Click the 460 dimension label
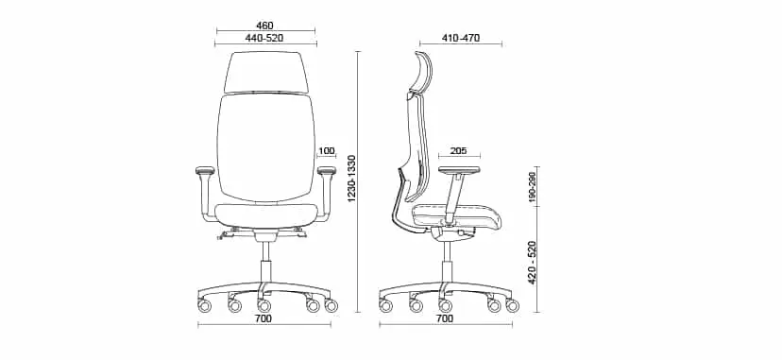tap(264, 26)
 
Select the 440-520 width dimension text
tap(264, 38)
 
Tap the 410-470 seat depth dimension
tap(460, 38)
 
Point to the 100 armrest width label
tap(326, 151)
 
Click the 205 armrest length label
tap(459, 151)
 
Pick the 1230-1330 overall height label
tap(351, 179)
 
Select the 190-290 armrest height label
tap(532, 187)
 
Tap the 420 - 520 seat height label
tap(532, 263)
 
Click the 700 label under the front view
tap(263, 318)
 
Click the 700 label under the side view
tap(445, 318)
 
